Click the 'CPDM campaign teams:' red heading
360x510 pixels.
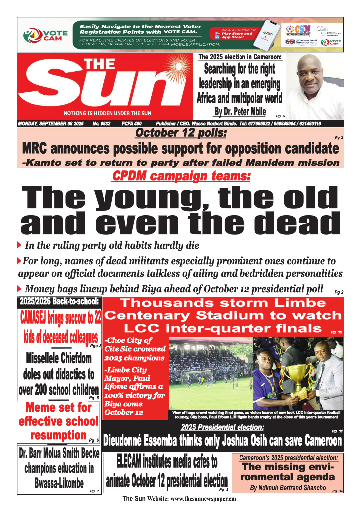(181, 176)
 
